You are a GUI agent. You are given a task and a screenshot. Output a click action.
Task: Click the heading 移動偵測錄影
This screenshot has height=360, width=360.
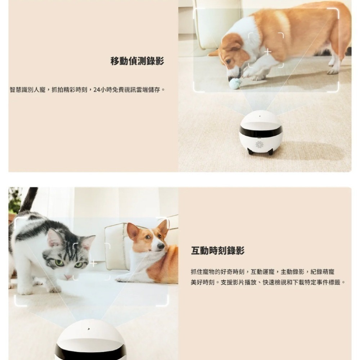click(x=137, y=61)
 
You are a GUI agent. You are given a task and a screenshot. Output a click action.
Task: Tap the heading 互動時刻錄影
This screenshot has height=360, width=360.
click(x=218, y=251)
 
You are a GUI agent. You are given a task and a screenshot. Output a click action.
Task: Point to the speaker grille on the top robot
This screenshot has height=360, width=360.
click(x=260, y=144)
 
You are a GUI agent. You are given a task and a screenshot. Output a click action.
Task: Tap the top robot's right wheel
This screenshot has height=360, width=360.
click(x=271, y=151)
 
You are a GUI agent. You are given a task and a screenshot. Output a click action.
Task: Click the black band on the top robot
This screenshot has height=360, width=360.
click(x=260, y=131)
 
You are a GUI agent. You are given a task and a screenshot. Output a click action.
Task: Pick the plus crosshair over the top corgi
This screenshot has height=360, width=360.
click(x=268, y=52)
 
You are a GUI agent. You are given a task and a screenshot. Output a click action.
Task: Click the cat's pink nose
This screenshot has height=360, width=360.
click(x=68, y=276)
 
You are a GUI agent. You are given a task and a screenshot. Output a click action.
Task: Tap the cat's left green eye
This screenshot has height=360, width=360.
click(x=59, y=262)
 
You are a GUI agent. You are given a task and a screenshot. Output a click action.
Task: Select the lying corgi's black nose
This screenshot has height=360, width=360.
click(x=161, y=246)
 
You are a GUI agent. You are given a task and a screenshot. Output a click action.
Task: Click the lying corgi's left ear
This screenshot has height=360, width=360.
click(x=133, y=231)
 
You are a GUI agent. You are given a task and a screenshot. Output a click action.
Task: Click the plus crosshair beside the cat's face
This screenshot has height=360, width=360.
click(x=94, y=264)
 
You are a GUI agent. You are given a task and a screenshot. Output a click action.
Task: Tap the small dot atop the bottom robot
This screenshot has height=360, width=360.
click(x=89, y=329)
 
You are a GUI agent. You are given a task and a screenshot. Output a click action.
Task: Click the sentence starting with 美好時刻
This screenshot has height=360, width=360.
click(x=268, y=282)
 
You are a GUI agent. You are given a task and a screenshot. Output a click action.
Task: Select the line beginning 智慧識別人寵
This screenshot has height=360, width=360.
click(x=87, y=90)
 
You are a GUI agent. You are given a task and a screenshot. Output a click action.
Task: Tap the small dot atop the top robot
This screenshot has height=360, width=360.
click(x=260, y=116)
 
